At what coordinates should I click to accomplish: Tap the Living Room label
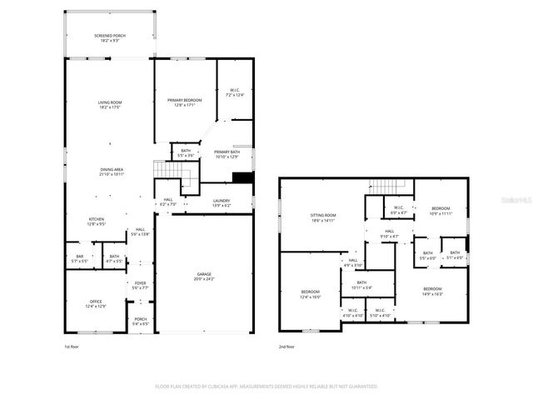[x=110, y=104]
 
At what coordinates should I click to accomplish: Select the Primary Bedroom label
[x=185, y=102]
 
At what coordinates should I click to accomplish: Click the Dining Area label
[x=112, y=171]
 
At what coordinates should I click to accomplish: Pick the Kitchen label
[x=97, y=221]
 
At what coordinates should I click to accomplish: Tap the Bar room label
[x=80, y=258]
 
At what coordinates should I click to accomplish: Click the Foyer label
[x=140, y=285]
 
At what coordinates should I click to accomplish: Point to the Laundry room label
[x=222, y=202]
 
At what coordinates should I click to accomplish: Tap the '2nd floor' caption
[x=286, y=346]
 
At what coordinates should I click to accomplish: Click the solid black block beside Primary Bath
[x=242, y=178]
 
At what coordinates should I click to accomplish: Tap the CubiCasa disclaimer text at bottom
[x=266, y=387]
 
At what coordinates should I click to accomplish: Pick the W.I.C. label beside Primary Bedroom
[x=234, y=93]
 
